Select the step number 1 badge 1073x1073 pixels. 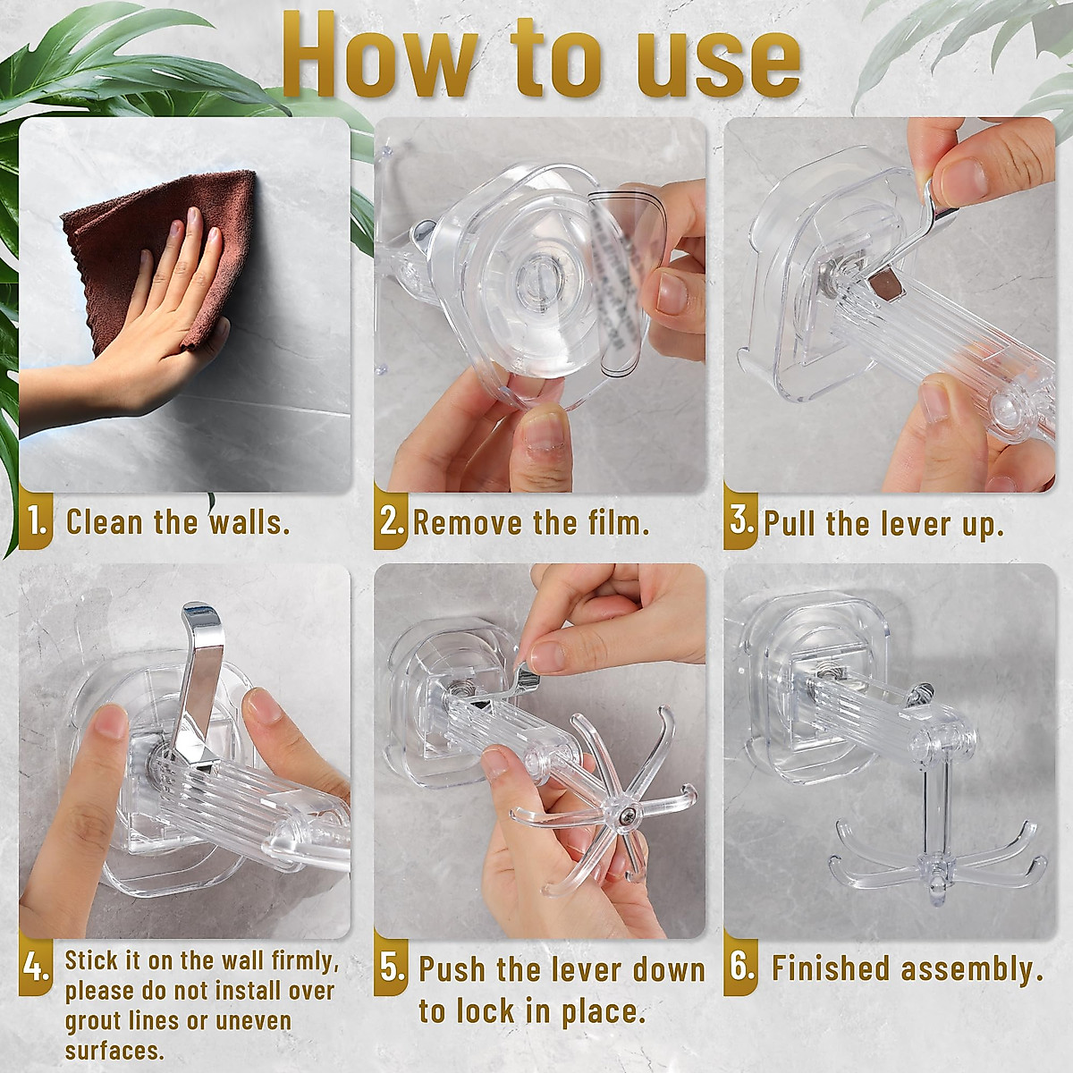(36, 521)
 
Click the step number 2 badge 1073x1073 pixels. (391, 521)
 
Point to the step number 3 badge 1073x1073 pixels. (740, 521)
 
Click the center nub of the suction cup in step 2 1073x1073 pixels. (538, 278)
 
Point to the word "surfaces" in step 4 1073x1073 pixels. (114, 1052)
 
